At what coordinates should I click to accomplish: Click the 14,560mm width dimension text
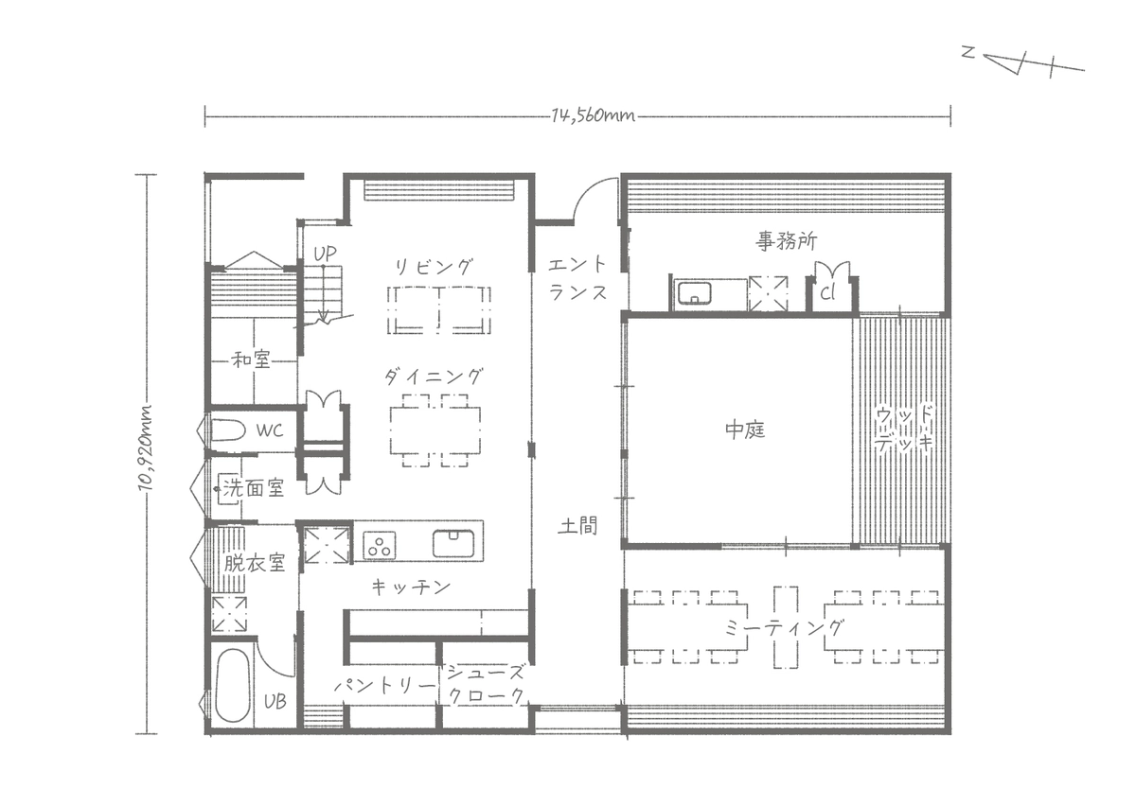click(593, 116)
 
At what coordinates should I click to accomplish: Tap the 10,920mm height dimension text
click(146, 448)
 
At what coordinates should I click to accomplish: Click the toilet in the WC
click(228, 430)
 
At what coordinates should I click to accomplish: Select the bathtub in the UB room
click(232, 686)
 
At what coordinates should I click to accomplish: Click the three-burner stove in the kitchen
click(380, 545)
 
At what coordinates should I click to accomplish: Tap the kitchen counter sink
click(453, 543)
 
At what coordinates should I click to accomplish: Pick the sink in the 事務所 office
click(694, 293)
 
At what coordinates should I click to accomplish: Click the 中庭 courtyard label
click(744, 430)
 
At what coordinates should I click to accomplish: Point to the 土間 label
click(577, 525)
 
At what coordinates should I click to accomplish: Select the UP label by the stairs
click(325, 254)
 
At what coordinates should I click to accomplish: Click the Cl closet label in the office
click(827, 292)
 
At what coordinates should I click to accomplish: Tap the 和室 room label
click(251, 360)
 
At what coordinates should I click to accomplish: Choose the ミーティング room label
click(784, 628)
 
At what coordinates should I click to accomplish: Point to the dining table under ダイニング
click(435, 430)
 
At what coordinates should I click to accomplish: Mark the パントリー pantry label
click(385, 686)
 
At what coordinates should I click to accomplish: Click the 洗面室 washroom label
click(253, 488)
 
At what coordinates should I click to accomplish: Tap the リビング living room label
click(434, 267)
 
